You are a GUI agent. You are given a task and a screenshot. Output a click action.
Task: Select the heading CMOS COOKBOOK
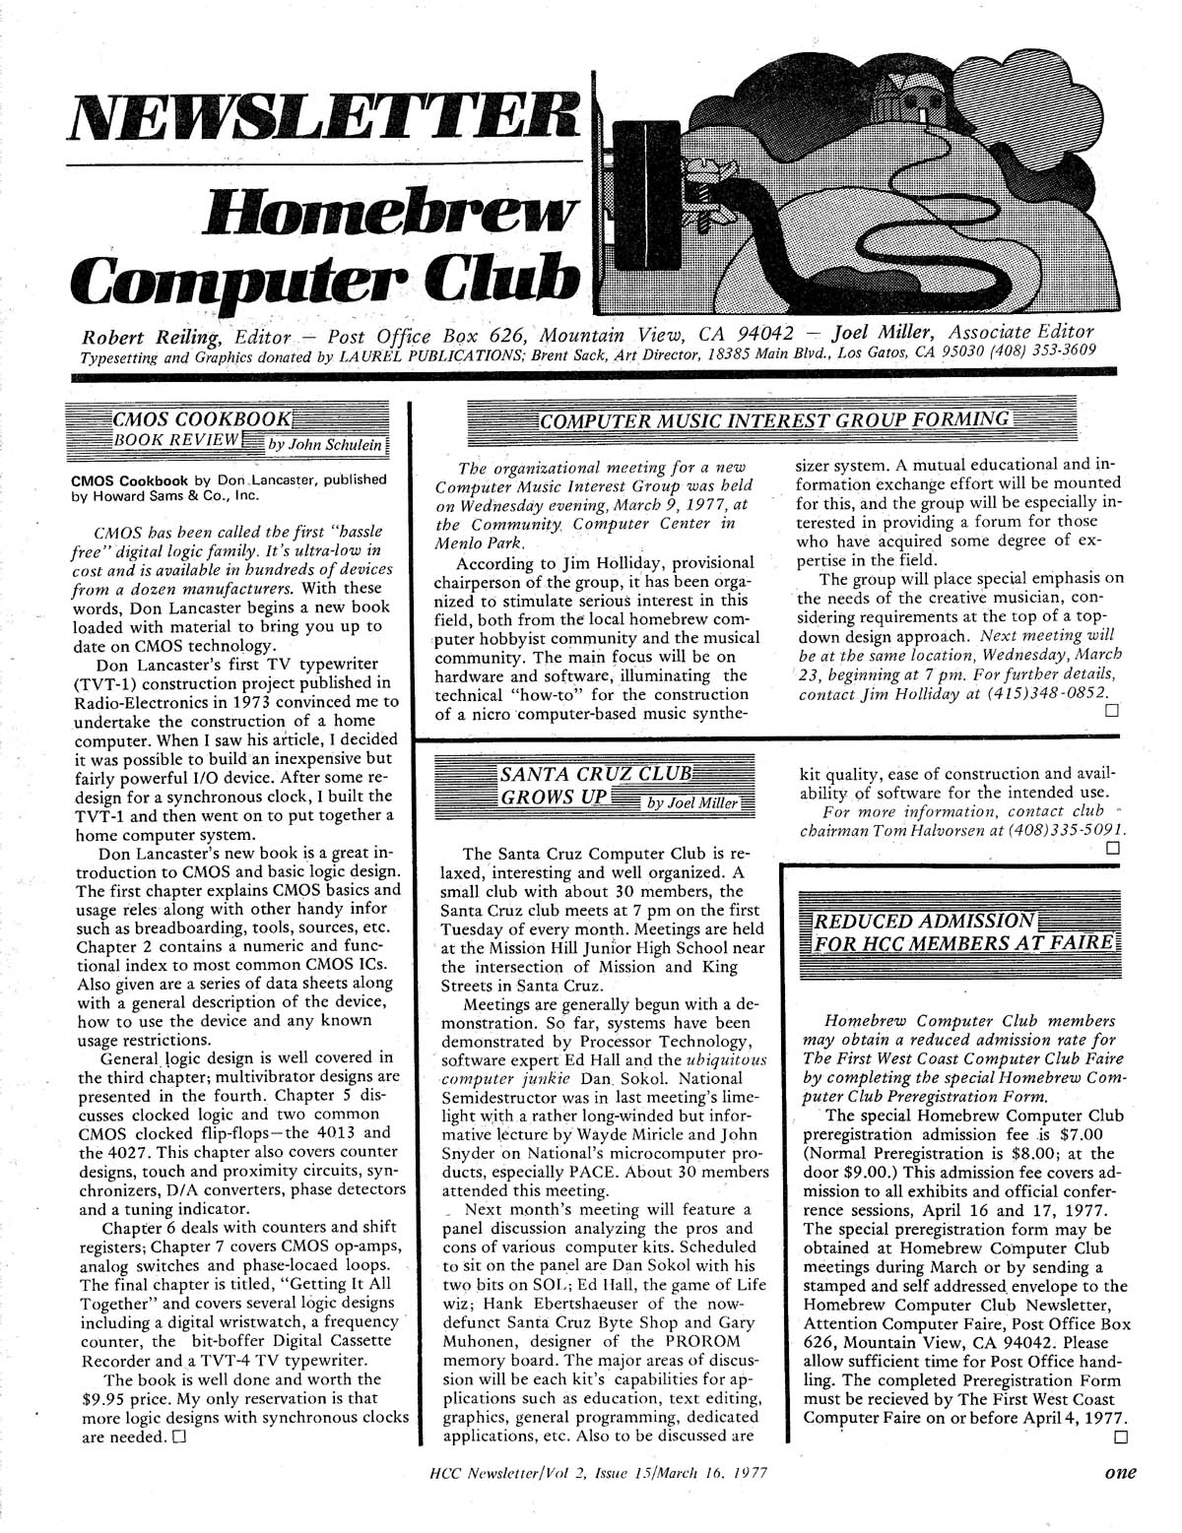pyautogui.click(x=204, y=417)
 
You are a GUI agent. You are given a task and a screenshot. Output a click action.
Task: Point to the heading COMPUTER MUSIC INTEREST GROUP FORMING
pyautogui.click(x=774, y=421)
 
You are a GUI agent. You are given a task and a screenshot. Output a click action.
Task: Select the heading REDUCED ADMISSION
pyautogui.click(x=921, y=921)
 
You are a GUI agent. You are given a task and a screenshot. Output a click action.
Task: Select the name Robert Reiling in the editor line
pyautogui.click(x=147, y=333)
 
